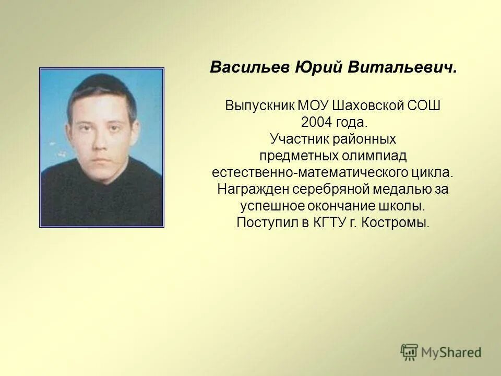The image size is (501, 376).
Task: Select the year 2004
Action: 316,123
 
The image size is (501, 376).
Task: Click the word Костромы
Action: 402,222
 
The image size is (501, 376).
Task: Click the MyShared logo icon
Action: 410,352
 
